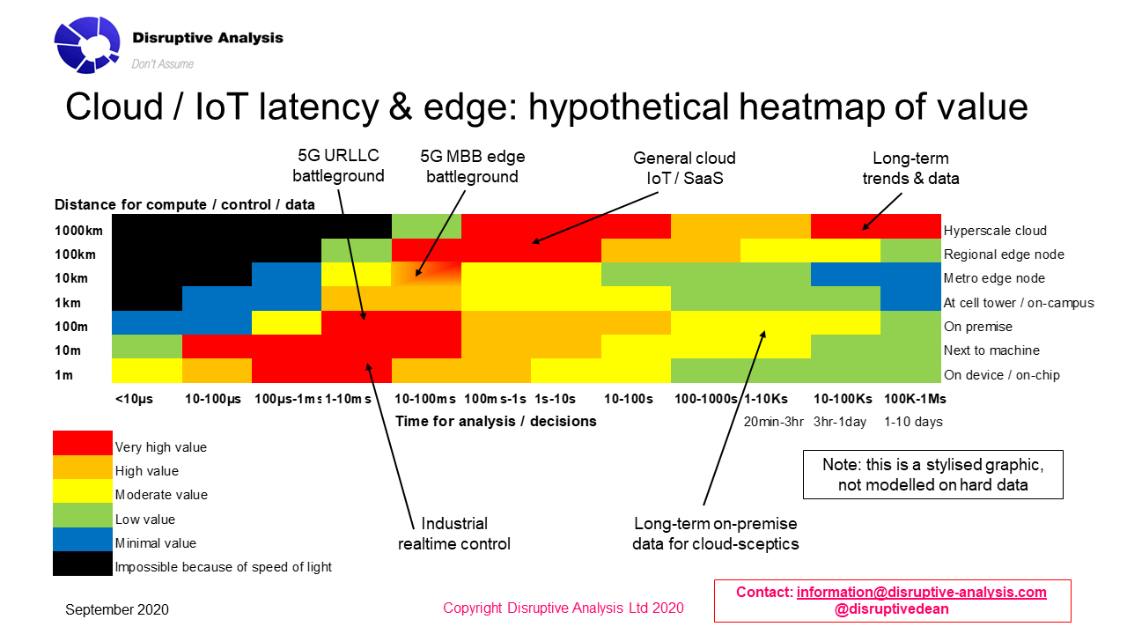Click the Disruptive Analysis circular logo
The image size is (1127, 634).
tap(87, 44)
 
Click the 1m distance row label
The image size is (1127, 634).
tap(64, 374)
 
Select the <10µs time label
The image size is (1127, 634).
tap(134, 399)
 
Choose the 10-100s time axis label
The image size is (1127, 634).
tap(628, 399)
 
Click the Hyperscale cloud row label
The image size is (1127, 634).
tap(995, 231)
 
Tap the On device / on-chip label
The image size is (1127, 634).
tap(1002, 375)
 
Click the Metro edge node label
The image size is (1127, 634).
tap(994, 278)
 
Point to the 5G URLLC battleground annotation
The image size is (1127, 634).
tap(339, 166)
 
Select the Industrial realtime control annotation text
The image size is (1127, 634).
tap(453, 534)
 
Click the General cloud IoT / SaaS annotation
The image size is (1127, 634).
tap(684, 167)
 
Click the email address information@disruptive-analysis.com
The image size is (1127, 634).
tap(921, 592)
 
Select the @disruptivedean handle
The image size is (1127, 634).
tap(891, 608)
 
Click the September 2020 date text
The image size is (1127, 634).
tap(117, 609)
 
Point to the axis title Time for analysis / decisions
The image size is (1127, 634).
tap(496, 421)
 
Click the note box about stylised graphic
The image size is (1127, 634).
tap(932, 475)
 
